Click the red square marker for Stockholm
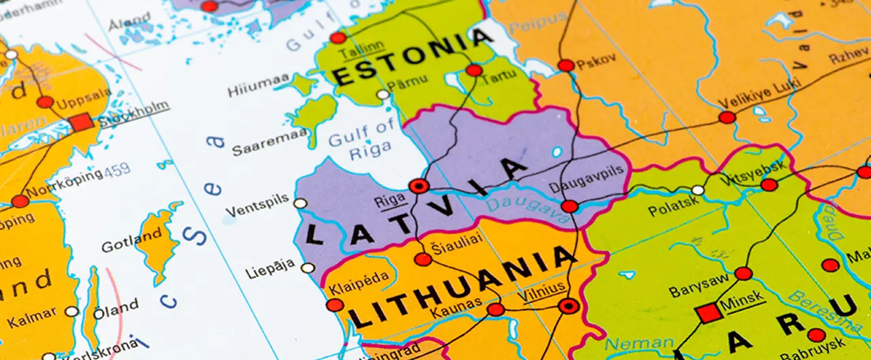(81, 123)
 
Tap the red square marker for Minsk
(708, 313)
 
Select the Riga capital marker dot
(418, 186)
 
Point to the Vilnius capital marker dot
(568, 306)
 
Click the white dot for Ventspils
(300, 203)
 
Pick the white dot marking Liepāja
(308, 267)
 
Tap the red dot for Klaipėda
(335, 305)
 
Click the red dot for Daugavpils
(570, 206)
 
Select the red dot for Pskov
(566, 65)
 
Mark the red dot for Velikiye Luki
(727, 117)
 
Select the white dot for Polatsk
(698, 190)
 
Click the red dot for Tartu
(474, 70)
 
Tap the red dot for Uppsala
(45, 102)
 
